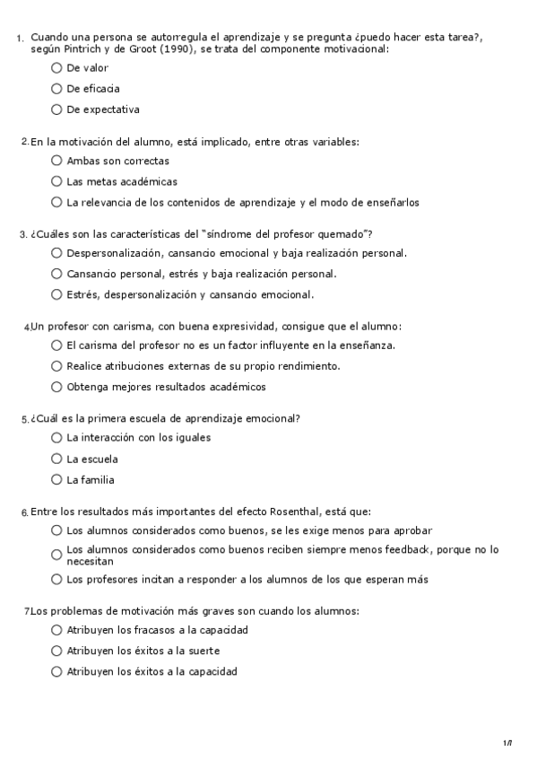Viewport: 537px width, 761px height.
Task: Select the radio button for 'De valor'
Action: [x=57, y=67]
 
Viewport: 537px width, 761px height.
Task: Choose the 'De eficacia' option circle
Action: [x=57, y=89]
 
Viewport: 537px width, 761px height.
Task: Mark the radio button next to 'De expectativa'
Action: [x=57, y=109]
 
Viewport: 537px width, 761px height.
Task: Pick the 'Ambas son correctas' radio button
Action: [x=57, y=161]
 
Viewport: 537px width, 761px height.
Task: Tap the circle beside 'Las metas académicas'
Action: [x=57, y=181]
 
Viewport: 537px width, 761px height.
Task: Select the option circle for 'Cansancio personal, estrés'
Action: [x=57, y=274]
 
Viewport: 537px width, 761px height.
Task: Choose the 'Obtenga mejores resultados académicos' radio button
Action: [x=57, y=387]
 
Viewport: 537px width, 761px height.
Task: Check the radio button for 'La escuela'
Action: [x=57, y=459]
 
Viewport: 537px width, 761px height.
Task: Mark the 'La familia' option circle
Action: [x=57, y=479]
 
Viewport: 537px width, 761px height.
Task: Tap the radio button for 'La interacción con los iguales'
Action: [x=57, y=438]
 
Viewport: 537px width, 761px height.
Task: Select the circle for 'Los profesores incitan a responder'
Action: [x=57, y=579]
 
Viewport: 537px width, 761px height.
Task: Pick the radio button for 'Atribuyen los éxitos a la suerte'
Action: [x=57, y=651]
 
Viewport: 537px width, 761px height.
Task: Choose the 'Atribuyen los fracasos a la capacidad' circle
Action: [x=57, y=630]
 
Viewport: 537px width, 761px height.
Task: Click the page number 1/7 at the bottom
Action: [x=507, y=742]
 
